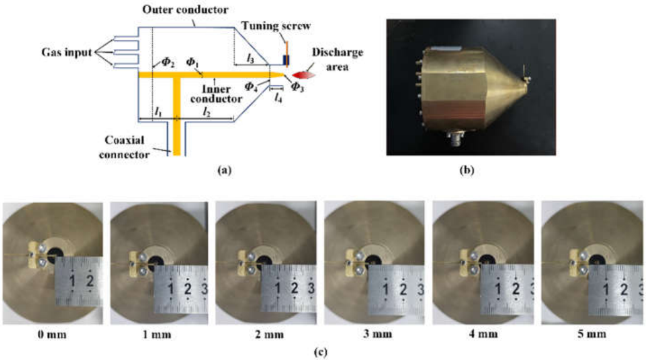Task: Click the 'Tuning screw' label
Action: pos(276,26)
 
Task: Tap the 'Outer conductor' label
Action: pos(185,9)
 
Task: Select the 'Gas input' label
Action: pos(67,53)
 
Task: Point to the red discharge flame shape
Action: pos(304,75)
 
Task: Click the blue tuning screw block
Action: pos(286,60)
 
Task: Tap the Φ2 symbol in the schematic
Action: pos(167,62)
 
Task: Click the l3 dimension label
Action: pos(250,59)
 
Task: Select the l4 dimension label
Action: pos(278,98)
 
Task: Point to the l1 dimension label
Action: pos(157,111)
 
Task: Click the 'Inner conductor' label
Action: pos(217,94)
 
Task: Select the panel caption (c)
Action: pos(321,352)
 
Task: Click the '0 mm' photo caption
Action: pos(52,334)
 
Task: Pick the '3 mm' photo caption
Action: pos(377,334)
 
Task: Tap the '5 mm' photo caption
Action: pos(592,334)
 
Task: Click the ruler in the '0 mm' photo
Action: pos(79,281)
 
